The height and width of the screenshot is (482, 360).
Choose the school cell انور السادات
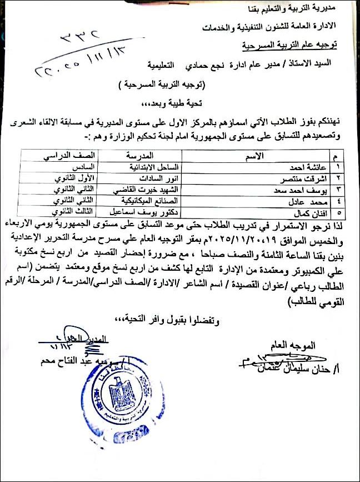146,178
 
